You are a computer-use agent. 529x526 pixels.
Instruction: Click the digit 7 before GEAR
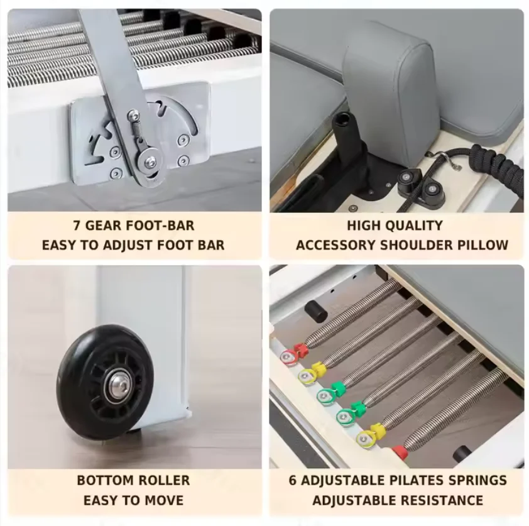tap(77, 226)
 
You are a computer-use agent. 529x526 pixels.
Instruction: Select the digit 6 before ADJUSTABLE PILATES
tap(292, 480)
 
